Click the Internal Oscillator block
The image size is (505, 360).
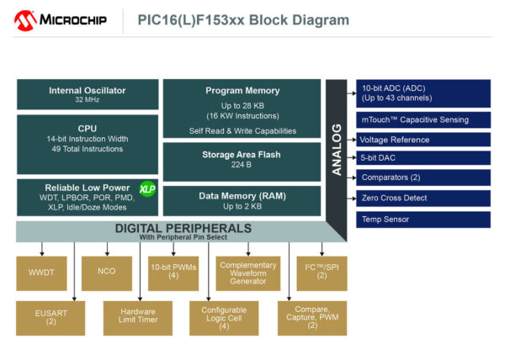(x=88, y=94)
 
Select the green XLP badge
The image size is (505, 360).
(x=147, y=189)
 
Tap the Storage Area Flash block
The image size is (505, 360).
(x=242, y=160)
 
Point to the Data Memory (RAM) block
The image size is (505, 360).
(x=242, y=199)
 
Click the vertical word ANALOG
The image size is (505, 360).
(x=336, y=150)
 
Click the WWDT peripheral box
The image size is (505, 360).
(x=42, y=272)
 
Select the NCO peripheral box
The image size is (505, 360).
(x=106, y=272)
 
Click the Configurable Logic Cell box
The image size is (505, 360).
(x=224, y=316)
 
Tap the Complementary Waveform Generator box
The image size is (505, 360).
(x=247, y=273)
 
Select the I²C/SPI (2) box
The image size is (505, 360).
(x=322, y=273)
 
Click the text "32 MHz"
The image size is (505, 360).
(x=88, y=100)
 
